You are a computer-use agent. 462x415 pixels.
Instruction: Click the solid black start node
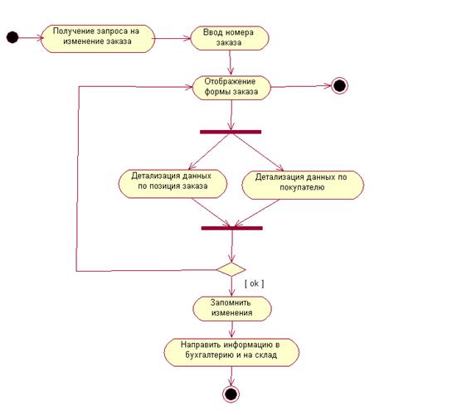(12, 37)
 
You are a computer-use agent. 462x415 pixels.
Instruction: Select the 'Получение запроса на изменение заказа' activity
(98, 39)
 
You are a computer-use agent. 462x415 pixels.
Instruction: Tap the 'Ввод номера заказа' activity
(230, 38)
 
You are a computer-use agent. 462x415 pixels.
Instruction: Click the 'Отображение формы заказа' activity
(231, 88)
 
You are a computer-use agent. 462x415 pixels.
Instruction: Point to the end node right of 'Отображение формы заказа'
(339, 86)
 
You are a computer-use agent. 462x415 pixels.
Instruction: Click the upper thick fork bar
(231, 132)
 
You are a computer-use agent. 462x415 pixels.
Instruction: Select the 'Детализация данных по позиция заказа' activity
(173, 184)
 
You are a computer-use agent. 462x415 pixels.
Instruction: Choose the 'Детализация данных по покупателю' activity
(303, 185)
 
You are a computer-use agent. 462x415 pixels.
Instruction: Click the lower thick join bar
(232, 228)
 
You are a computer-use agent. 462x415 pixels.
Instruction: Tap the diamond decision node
(231, 269)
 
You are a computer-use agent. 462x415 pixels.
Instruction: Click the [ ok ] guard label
(255, 283)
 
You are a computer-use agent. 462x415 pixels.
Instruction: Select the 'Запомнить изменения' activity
(232, 309)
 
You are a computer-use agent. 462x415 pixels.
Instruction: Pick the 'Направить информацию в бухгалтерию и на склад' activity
(231, 352)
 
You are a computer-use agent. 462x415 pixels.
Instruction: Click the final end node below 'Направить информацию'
(231, 394)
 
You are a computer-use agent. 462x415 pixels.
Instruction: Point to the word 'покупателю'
(302, 187)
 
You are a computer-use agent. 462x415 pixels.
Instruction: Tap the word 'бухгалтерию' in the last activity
(208, 355)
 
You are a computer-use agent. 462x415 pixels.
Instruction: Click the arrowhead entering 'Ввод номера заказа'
(187, 38)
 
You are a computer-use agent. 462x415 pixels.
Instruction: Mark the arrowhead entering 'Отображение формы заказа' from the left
(189, 87)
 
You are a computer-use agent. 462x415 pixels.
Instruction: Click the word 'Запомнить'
(231, 302)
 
